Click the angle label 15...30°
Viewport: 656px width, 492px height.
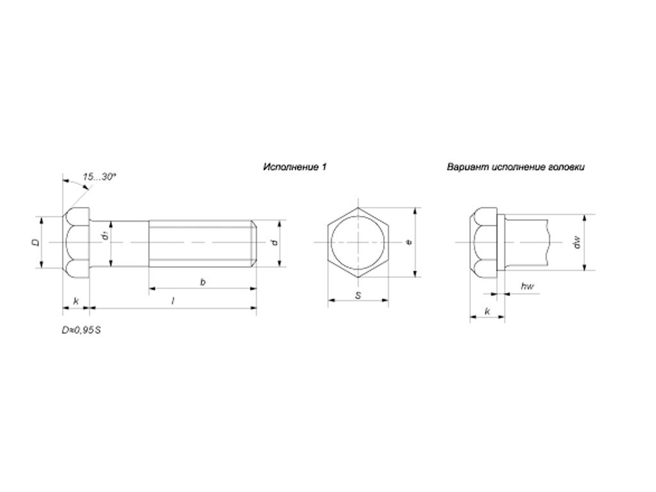[x=99, y=177]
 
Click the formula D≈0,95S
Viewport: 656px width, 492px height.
[x=81, y=330]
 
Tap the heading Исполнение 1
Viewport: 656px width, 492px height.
[x=295, y=167]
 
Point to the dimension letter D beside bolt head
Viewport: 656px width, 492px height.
[x=37, y=242]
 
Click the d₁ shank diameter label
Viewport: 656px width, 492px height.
[x=106, y=236]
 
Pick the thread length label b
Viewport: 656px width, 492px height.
[x=203, y=282]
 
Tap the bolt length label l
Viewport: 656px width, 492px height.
[x=173, y=301]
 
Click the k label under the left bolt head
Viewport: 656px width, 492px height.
[x=76, y=301]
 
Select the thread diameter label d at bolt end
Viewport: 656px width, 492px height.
[x=274, y=243]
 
